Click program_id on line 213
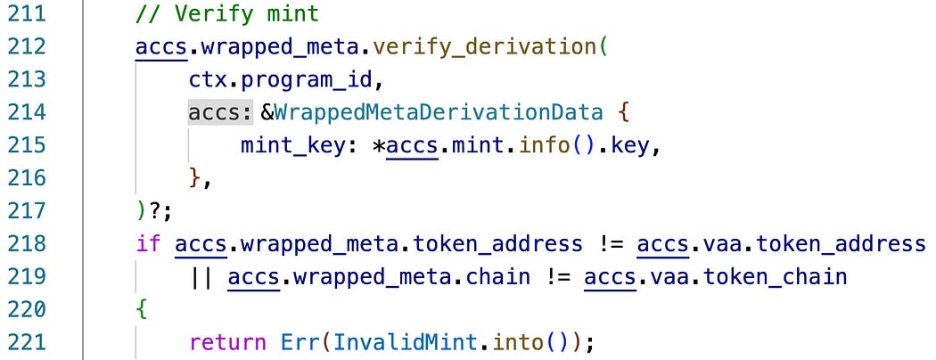322,80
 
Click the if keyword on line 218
148,244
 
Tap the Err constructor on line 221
296,342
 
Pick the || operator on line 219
201,277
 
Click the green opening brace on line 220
142,309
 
